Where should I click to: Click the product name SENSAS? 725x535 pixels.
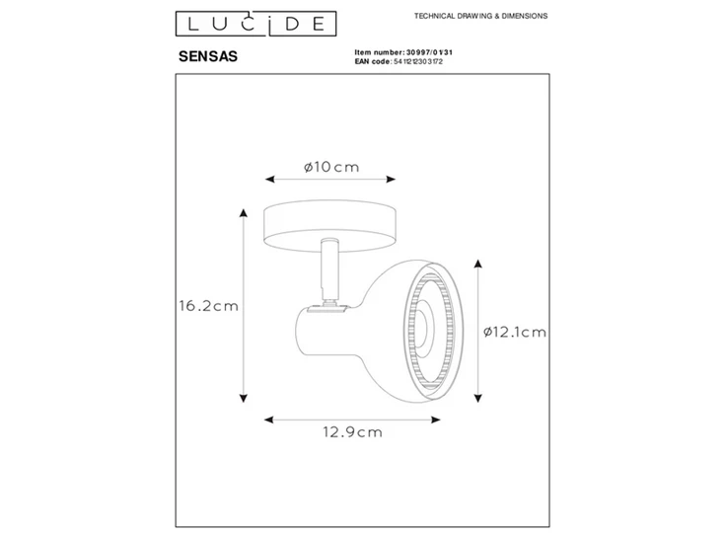click(204, 56)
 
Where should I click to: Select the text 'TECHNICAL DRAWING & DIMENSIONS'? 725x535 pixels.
click(480, 17)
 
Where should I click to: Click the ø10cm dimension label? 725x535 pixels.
click(330, 167)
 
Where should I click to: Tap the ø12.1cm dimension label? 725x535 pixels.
click(515, 332)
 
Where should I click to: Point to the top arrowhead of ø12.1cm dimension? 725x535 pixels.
click(478, 264)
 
